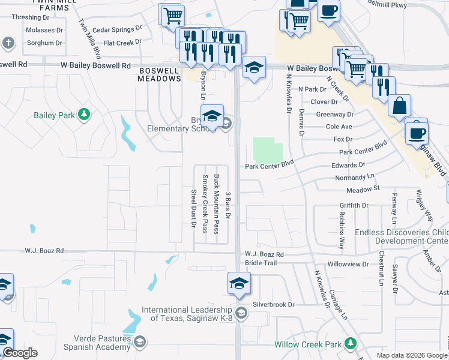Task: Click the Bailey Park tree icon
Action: [85, 114]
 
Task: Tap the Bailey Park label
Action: [53, 115]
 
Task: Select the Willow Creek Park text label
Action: [307, 344]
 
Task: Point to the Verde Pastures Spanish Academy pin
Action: [139, 342]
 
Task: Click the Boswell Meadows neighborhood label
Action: [159, 74]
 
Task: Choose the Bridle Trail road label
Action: [261, 263]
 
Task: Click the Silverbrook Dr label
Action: [274, 304]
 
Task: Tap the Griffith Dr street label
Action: [354, 205]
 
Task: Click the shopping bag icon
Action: [399, 106]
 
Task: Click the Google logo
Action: [20, 353]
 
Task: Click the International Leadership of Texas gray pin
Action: [241, 311]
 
